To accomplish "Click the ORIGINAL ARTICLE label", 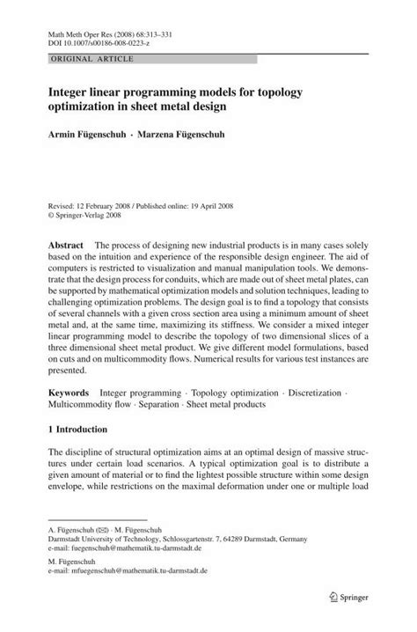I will tap(76, 58).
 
